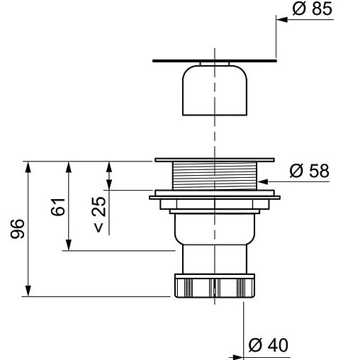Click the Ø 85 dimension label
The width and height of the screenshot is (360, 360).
pos(312,9)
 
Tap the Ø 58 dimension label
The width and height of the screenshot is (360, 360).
pos(309,171)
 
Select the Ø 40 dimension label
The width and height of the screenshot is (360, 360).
pos(269,345)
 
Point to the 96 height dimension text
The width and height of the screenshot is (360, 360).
pos(18,229)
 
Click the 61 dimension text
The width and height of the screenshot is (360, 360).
pos(58,207)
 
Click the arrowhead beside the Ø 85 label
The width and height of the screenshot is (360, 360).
pos(282,20)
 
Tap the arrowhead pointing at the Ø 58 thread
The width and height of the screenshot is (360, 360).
pos(262,181)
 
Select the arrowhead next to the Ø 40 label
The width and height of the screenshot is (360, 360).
pos(238,357)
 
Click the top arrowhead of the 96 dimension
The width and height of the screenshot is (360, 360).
pos(28,167)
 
